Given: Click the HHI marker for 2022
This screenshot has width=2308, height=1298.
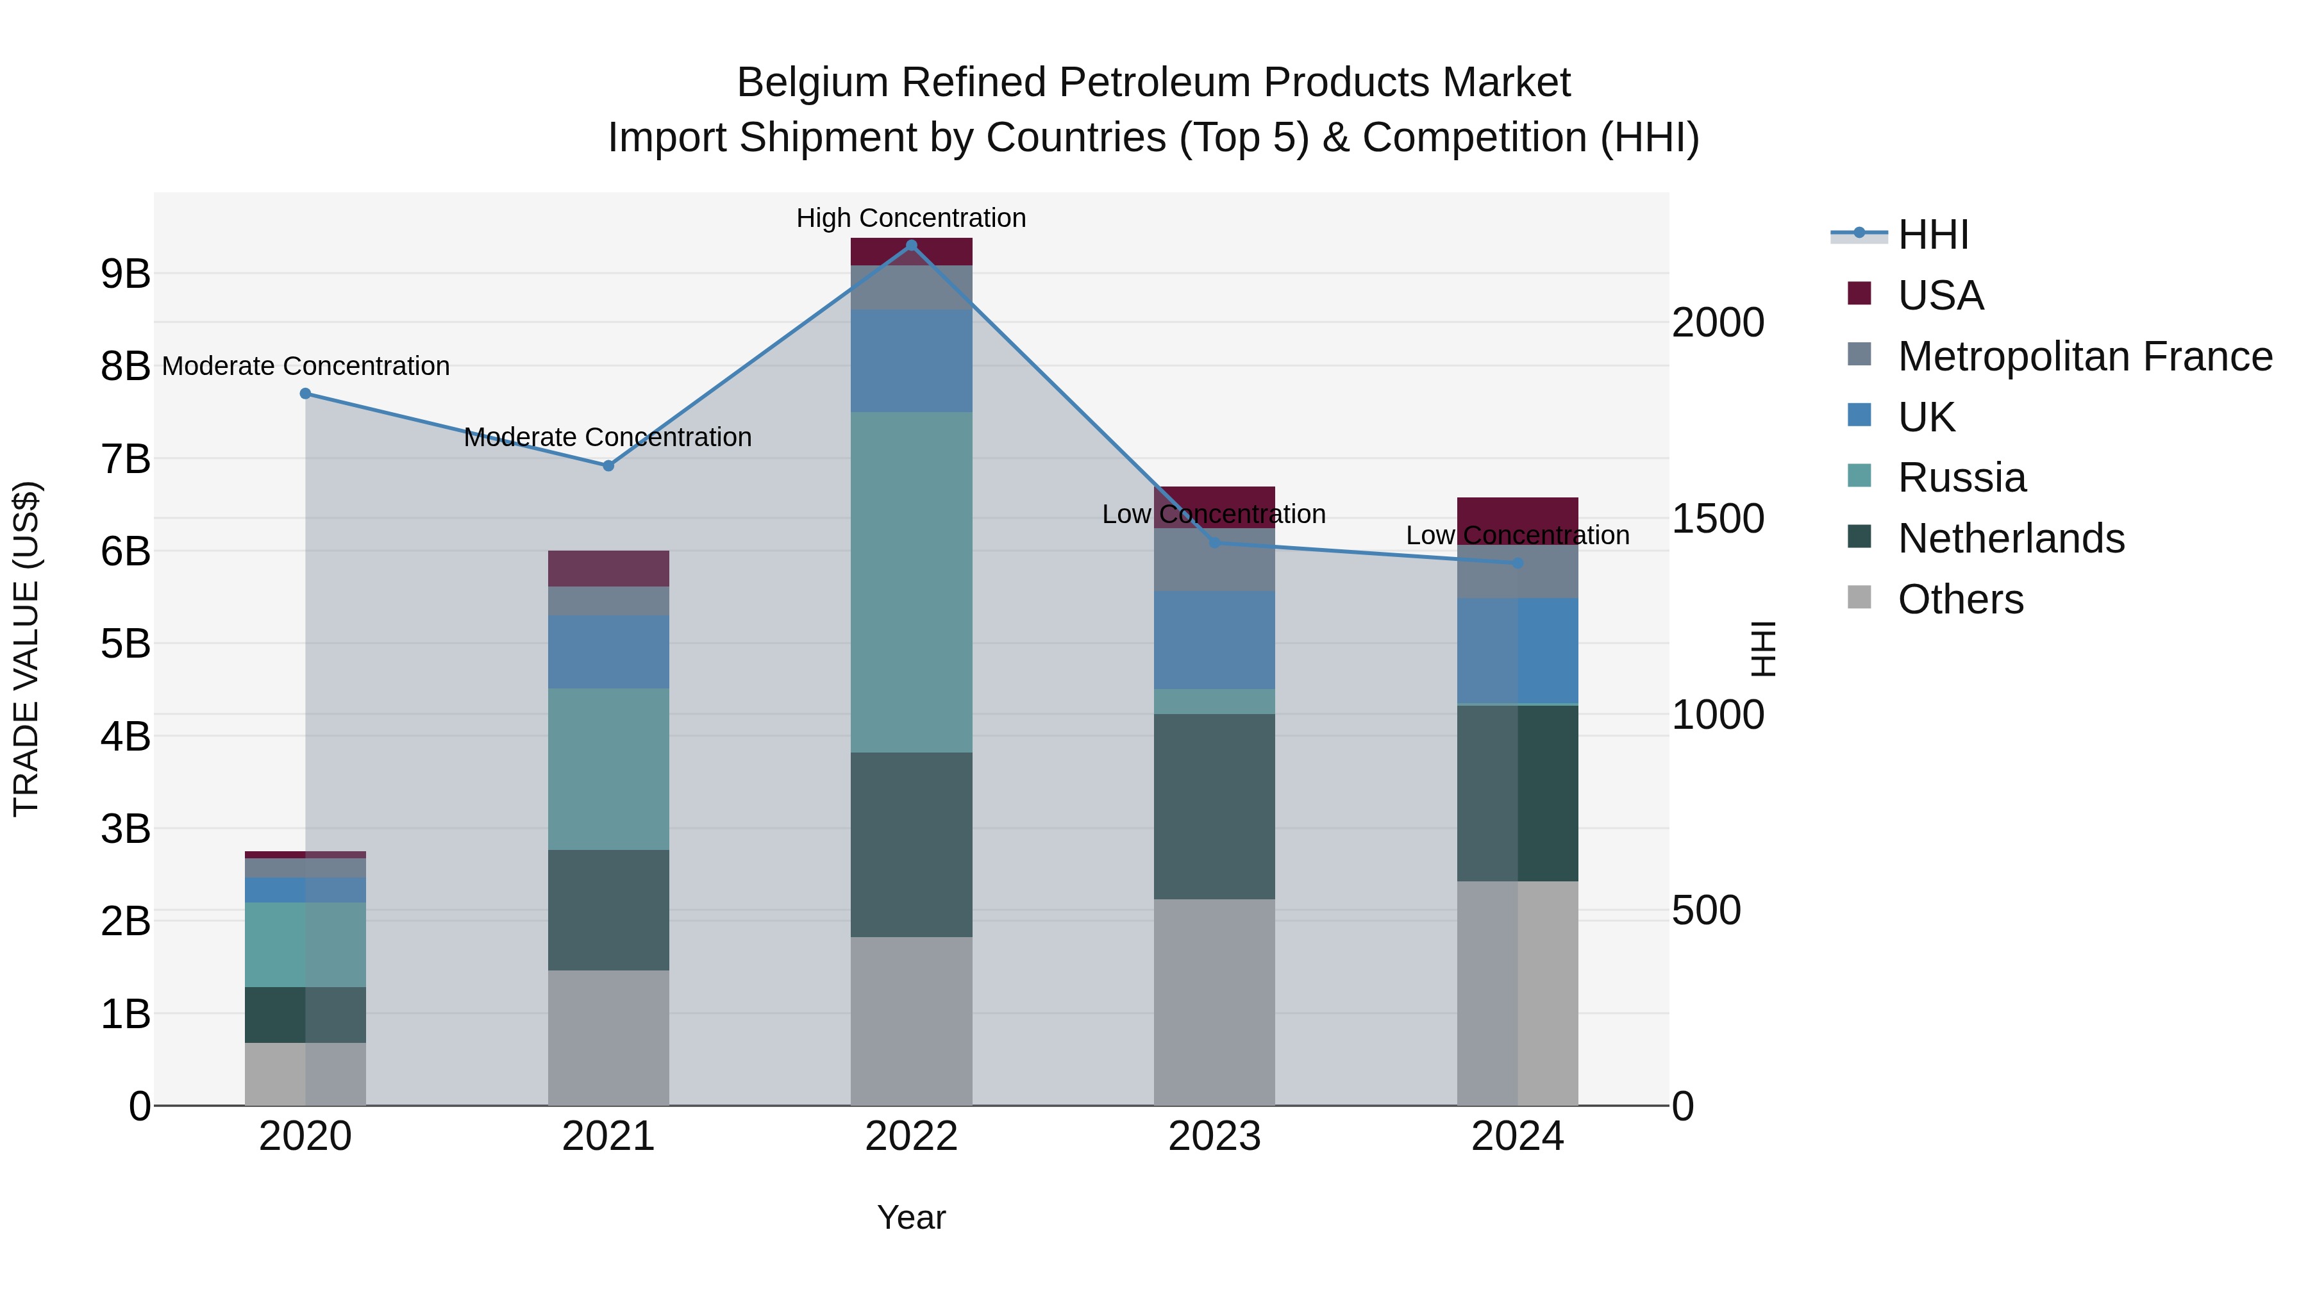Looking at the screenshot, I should tap(911, 245).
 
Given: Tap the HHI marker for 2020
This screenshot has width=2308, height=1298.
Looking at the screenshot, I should tap(306, 394).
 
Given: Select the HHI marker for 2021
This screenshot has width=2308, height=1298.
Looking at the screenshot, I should tap(608, 466).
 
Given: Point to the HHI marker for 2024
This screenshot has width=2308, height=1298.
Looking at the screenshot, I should tap(1518, 563).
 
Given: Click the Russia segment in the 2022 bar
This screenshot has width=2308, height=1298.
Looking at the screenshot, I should tap(911, 582).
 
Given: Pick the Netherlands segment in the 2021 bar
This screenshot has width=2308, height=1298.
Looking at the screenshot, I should tap(608, 909).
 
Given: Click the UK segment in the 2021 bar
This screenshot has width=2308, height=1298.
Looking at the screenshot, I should tap(608, 651).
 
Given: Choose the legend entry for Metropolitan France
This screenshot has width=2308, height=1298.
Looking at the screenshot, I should tap(2084, 356).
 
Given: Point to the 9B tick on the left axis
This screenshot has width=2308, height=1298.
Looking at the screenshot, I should tap(126, 274).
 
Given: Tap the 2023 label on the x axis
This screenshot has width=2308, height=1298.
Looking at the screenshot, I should tap(1214, 1136).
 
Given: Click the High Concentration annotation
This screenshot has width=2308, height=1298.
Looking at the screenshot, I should tap(911, 218).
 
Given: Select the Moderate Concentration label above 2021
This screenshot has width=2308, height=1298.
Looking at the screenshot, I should tap(608, 437).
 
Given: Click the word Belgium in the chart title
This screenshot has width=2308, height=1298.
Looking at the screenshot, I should tap(813, 83).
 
